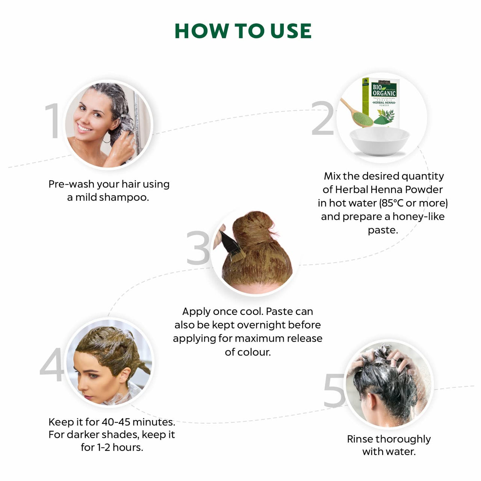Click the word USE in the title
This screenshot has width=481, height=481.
coord(290,31)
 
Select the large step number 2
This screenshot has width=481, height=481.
coord(323,118)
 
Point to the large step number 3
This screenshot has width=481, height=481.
coord(198,248)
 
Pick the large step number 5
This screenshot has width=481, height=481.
coord(334,391)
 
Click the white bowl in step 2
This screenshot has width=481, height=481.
coord(380,141)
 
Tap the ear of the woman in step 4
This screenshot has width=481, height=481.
coord(124,376)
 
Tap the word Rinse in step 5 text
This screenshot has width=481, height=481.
coord(359,439)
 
